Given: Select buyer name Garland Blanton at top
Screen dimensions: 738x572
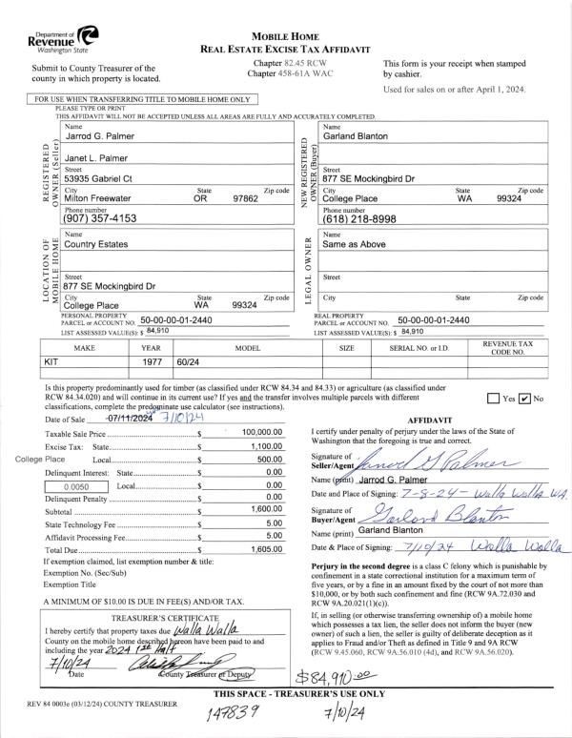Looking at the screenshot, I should click(356, 136).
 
